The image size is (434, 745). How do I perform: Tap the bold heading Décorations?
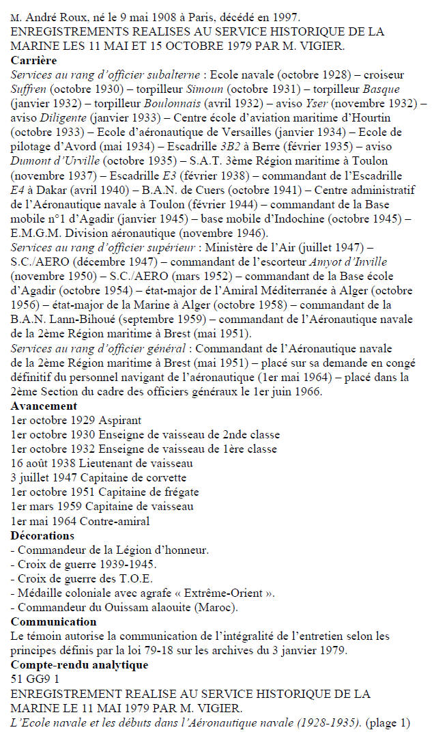pos(42,535)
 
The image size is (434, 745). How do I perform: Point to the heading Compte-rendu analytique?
pos(79,664)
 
